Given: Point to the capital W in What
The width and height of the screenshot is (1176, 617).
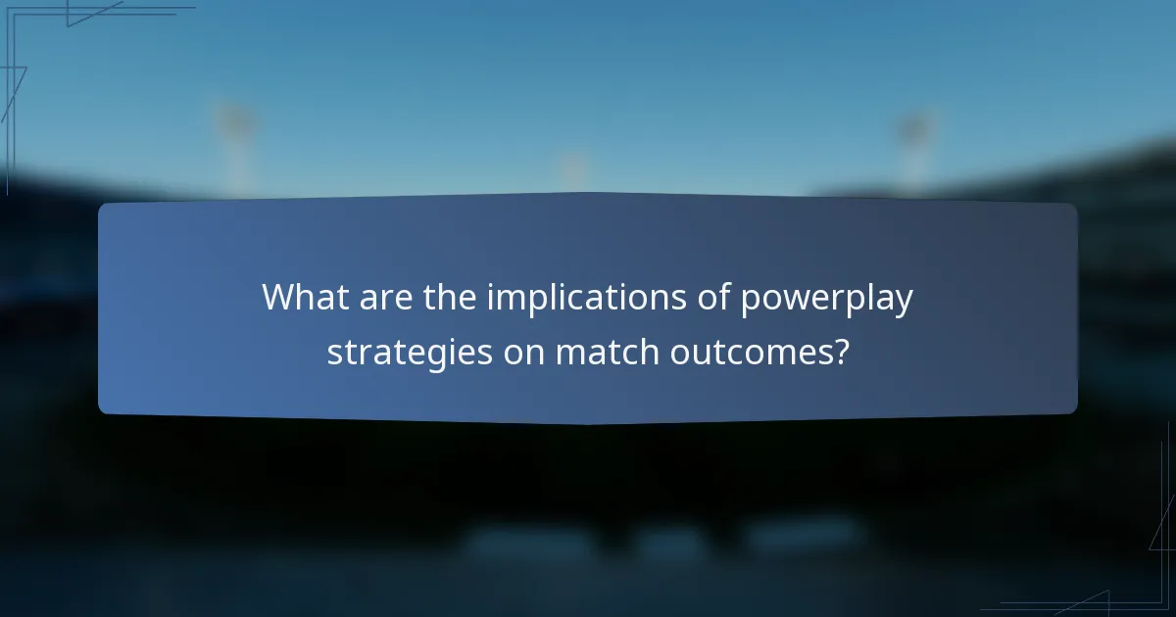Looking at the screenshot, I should tap(279, 298).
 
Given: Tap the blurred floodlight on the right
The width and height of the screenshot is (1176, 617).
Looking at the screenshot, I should tap(913, 133).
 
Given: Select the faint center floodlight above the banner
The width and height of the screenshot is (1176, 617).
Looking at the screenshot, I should tap(573, 168).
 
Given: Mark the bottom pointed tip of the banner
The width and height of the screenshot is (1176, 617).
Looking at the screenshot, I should tap(588, 423).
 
